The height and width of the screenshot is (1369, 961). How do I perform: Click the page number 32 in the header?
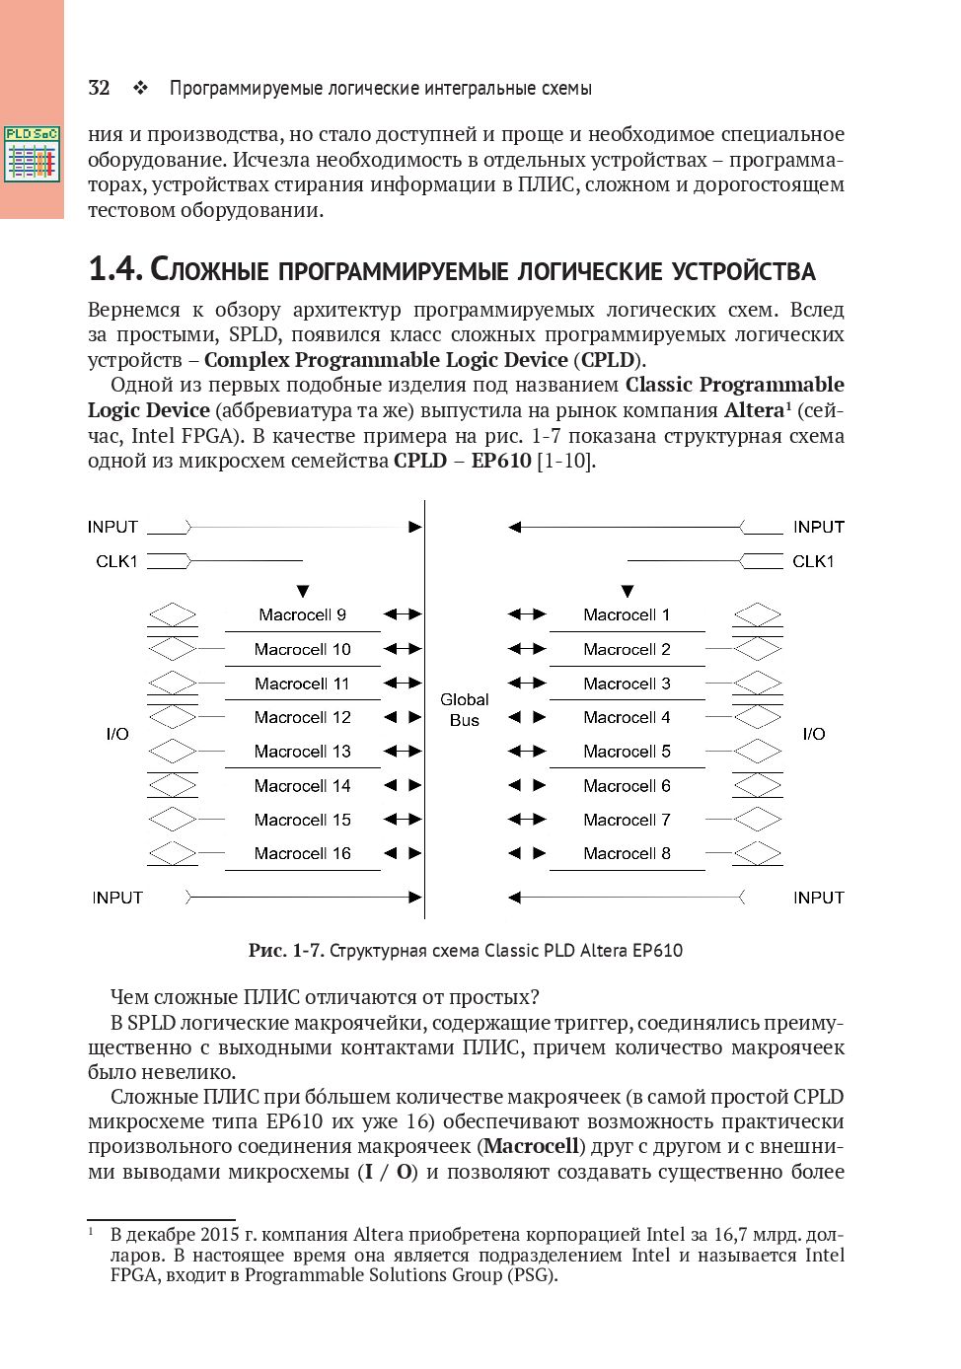[x=98, y=88]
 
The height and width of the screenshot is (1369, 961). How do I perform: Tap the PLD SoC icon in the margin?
[x=32, y=153]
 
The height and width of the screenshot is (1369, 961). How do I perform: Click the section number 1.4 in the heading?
[x=116, y=269]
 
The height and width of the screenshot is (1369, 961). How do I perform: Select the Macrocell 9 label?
[x=302, y=614]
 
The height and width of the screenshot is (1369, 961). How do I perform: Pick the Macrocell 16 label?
[x=302, y=853]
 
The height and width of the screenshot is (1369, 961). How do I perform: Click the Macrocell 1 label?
[x=627, y=614]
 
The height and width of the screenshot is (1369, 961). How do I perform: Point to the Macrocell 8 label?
[x=627, y=853]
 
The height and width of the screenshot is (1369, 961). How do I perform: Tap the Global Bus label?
[x=464, y=709]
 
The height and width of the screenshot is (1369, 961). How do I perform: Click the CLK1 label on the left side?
[x=116, y=561]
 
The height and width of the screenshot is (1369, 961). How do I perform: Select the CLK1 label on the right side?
[x=813, y=561]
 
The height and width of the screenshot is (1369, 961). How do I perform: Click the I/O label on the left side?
[x=117, y=734]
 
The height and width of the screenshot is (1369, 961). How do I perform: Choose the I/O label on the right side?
[x=814, y=734]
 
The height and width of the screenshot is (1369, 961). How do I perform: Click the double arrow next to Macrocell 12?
[x=403, y=717]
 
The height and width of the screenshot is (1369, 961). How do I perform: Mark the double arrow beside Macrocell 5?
[x=527, y=752]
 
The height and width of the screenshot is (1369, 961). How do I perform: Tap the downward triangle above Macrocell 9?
[x=303, y=592]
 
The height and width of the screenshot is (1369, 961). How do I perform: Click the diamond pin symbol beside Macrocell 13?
[x=173, y=752]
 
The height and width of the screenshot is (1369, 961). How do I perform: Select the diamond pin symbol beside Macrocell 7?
[x=758, y=820]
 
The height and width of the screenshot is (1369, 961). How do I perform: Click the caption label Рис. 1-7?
[x=285, y=951]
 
